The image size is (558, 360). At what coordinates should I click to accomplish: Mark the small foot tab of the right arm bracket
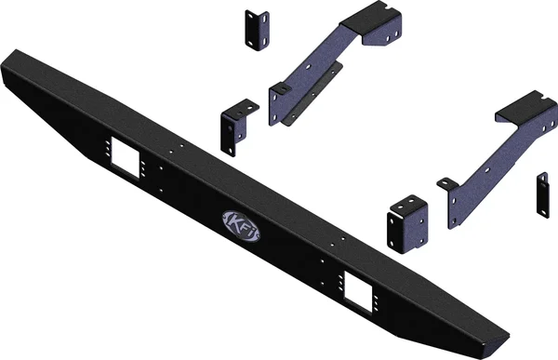pos(448,183)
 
